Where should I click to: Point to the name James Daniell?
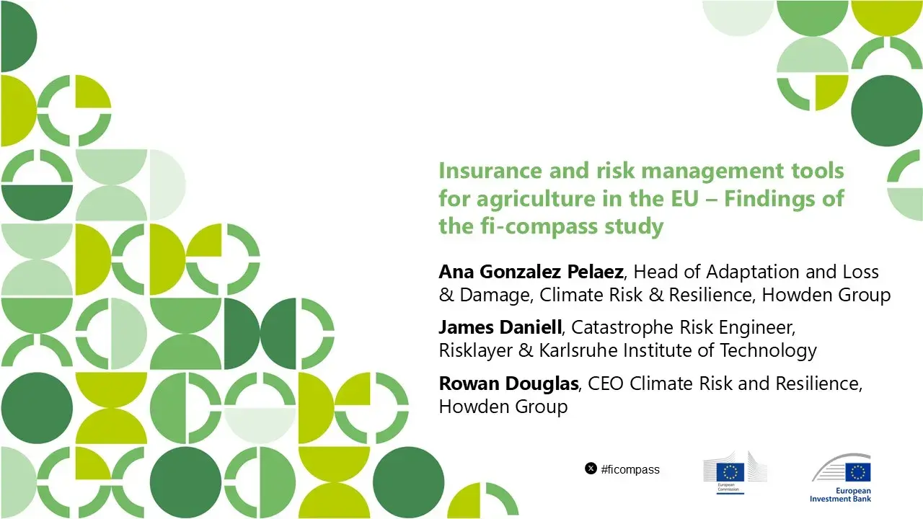tap(500, 328)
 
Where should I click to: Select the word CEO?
tap(606, 383)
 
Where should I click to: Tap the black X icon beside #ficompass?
tap(591, 469)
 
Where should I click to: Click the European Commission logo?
tap(735, 473)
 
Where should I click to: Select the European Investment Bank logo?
tap(841, 476)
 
